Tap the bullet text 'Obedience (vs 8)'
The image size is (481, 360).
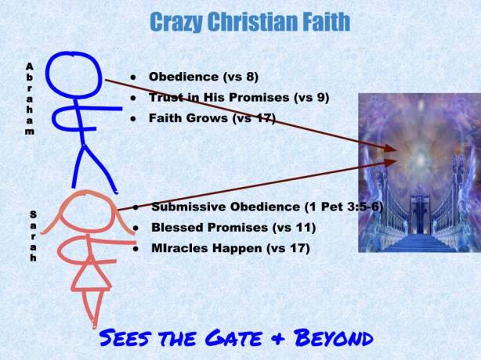pyautogui.click(x=203, y=77)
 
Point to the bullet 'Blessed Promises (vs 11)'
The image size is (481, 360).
pyautogui.click(x=233, y=228)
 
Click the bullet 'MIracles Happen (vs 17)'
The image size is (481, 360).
pyautogui.click(x=230, y=248)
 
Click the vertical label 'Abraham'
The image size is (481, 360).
pyautogui.click(x=29, y=99)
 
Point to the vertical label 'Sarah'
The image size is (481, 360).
pyautogui.click(x=32, y=236)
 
